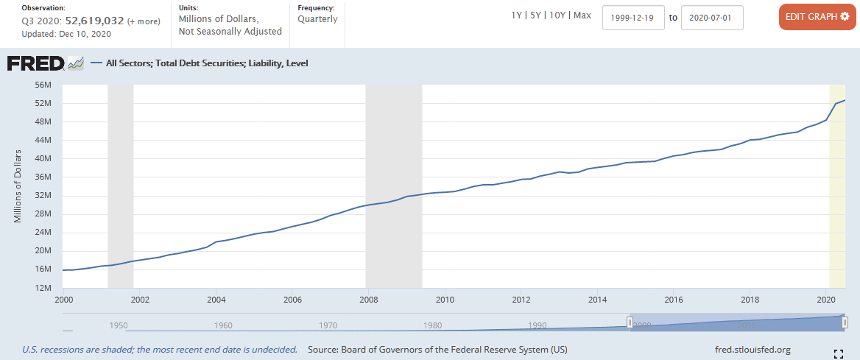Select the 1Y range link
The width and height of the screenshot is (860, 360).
[518, 15]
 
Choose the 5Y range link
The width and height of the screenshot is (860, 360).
[537, 15]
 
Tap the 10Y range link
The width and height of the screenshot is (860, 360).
[558, 15]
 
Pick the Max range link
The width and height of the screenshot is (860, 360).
[582, 15]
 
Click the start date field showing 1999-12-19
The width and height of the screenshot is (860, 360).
[633, 18]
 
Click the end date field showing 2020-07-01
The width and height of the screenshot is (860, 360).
[712, 18]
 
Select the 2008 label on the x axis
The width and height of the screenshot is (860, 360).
[368, 300]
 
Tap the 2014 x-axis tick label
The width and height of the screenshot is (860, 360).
[597, 300]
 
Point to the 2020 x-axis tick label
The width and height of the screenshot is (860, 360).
[826, 300]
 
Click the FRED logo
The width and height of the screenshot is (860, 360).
[35, 63]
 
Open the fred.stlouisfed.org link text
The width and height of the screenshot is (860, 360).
[752, 350]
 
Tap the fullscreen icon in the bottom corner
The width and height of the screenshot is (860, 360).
[838, 354]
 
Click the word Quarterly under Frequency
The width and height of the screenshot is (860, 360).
[317, 19]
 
